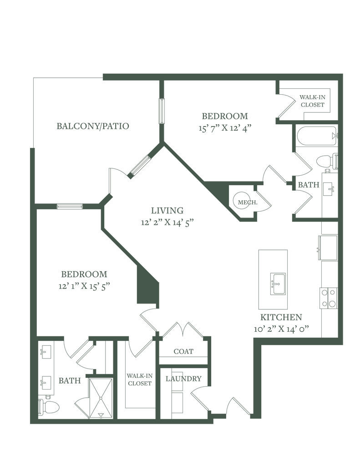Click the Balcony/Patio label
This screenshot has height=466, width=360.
pyautogui.click(x=93, y=126)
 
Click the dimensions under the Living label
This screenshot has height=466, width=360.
pyautogui.click(x=168, y=222)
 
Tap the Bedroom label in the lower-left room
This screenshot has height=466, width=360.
pyautogui.click(x=85, y=274)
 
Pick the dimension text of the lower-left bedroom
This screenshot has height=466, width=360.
pyautogui.click(x=85, y=286)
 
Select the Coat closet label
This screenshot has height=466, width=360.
pyautogui.click(x=183, y=352)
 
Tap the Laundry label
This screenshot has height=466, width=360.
pyautogui.click(x=183, y=378)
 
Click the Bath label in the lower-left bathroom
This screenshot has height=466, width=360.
pyautogui.click(x=69, y=380)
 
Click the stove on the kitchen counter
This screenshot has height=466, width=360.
pyautogui.click(x=328, y=298)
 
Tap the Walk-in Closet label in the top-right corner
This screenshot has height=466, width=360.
pyautogui.click(x=312, y=101)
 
